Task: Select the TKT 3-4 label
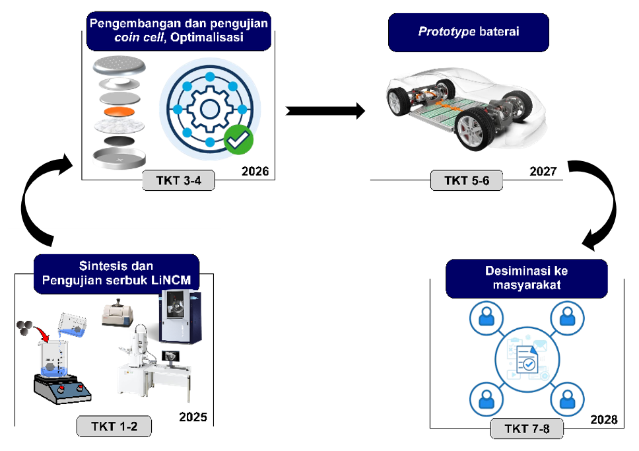pyautogui.click(x=179, y=180)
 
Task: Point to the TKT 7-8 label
pyautogui.click(x=526, y=429)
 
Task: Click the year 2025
pyautogui.click(x=193, y=417)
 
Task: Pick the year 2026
pyautogui.click(x=255, y=172)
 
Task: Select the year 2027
pyautogui.click(x=543, y=172)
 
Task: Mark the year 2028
pyautogui.click(x=603, y=420)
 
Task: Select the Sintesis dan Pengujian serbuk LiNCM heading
pyautogui.click(x=116, y=273)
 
